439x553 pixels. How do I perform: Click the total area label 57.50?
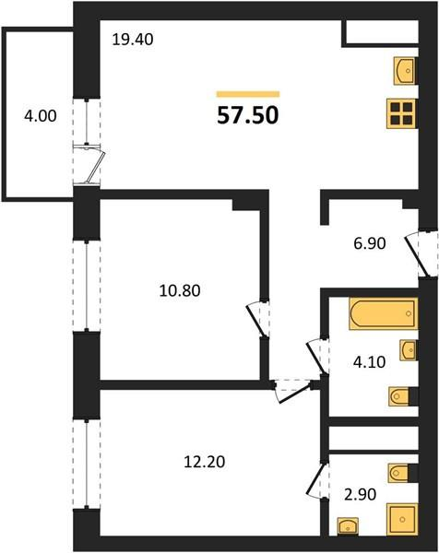click(x=248, y=115)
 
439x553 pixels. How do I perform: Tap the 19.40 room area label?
click(x=133, y=39)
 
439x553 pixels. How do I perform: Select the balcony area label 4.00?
click(x=41, y=116)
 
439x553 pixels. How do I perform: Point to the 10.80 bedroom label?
click(x=180, y=290)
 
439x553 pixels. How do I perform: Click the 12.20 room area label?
click(x=205, y=462)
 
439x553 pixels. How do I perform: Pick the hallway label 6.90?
click(x=370, y=243)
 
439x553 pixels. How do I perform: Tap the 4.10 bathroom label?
click(x=369, y=362)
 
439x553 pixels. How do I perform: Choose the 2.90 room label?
click(x=361, y=494)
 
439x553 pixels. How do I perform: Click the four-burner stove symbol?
click(x=402, y=113)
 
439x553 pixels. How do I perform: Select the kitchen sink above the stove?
click(x=406, y=71)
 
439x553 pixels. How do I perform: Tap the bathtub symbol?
click(x=384, y=314)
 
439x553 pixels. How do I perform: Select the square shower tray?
click(x=402, y=519)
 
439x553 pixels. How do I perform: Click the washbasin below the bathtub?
click(x=409, y=350)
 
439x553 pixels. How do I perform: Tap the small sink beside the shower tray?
click(x=348, y=527)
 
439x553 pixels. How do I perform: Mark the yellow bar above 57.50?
click(x=248, y=94)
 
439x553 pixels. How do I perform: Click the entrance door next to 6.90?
click(x=421, y=254)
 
